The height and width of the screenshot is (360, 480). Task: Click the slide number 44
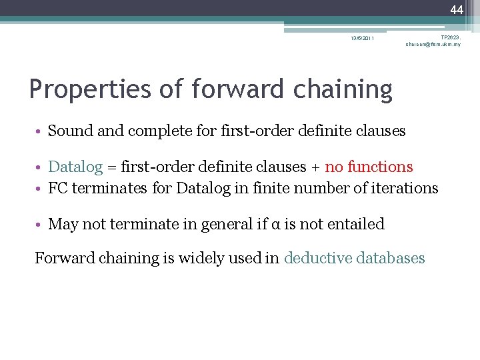[x=456, y=9]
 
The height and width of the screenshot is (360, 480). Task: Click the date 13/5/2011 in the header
[x=363, y=38]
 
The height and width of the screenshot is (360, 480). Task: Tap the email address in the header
[x=433, y=44]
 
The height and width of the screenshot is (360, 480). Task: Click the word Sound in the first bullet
[x=71, y=131]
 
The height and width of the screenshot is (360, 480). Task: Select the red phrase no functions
[x=369, y=167]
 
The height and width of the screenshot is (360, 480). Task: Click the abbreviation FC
[x=58, y=188]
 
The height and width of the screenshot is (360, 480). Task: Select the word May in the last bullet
[x=63, y=224]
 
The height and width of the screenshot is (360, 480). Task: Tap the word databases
[x=389, y=258]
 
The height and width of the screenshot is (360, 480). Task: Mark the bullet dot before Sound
[x=41, y=131]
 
